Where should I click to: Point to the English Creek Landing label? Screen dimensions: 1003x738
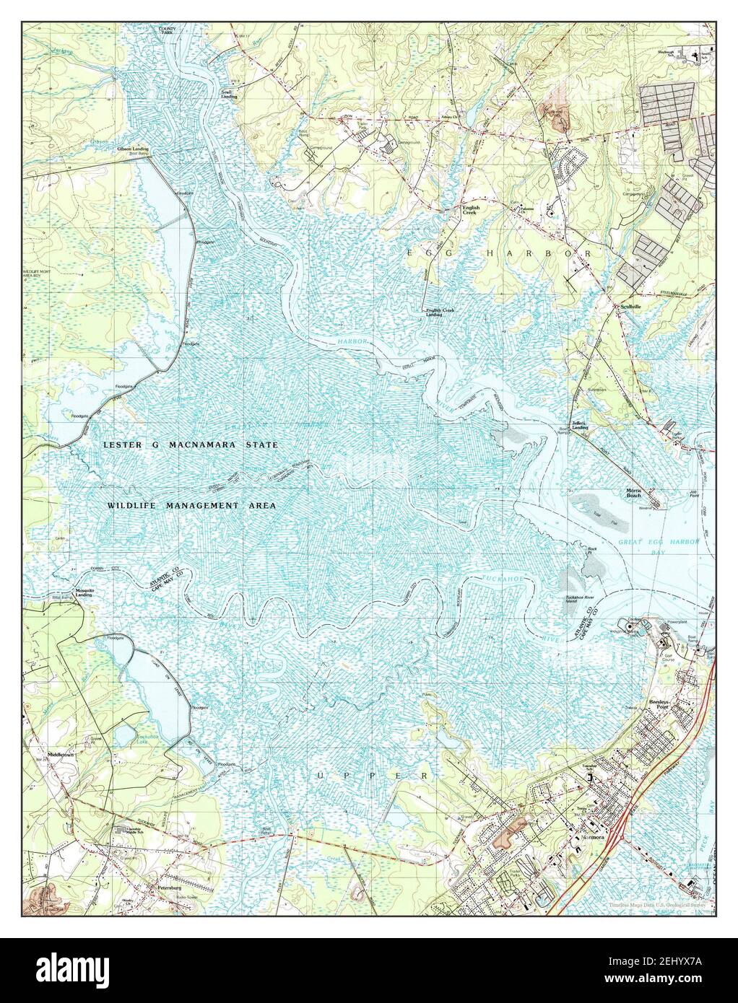[x=433, y=312]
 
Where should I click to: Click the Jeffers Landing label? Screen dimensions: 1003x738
[x=580, y=426]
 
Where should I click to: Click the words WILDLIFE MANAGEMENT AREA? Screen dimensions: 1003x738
[x=191, y=506]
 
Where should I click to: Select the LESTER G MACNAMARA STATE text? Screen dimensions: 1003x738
[x=191, y=446]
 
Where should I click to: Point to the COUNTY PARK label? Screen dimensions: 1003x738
[x=168, y=30]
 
